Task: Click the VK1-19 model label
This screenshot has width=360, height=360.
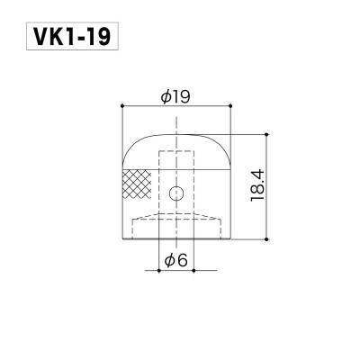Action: [x=63, y=40]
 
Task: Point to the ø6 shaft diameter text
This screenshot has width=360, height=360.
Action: [x=176, y=261]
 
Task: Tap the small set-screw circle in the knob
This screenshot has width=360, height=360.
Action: [x=177, y=191]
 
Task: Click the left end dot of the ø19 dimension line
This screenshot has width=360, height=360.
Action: [x=121, y=107]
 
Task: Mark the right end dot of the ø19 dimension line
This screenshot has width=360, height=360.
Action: [x=233, y=107]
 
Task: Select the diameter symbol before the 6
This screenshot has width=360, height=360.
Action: [x=170, y=261]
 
